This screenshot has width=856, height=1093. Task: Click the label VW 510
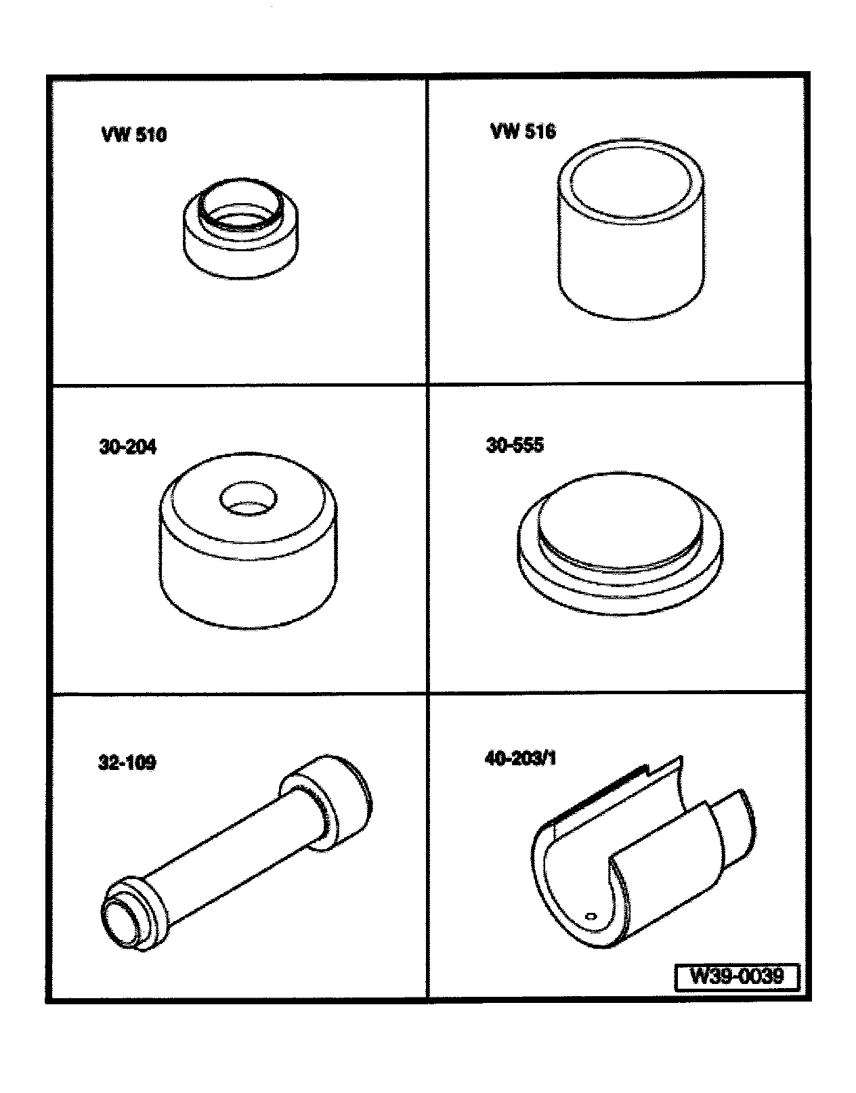click(x=134, y=135)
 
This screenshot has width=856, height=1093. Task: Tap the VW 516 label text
click(x=523, y=132)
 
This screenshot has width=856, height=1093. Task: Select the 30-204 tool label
click(x=128, y=447)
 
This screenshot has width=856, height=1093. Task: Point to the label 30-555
click(x=515, y=445)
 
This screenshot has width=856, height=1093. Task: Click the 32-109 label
click(x=127, y=763)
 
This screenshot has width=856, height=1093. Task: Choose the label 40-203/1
click(x=521, y=759)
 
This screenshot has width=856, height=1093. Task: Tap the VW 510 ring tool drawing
click(x=240, y=228)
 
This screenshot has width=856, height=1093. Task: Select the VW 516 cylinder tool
click(x=630, y=230)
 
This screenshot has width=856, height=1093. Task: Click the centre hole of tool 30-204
click(x=248, y=500)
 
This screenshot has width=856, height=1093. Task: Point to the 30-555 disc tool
click(x=620, y=543)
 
